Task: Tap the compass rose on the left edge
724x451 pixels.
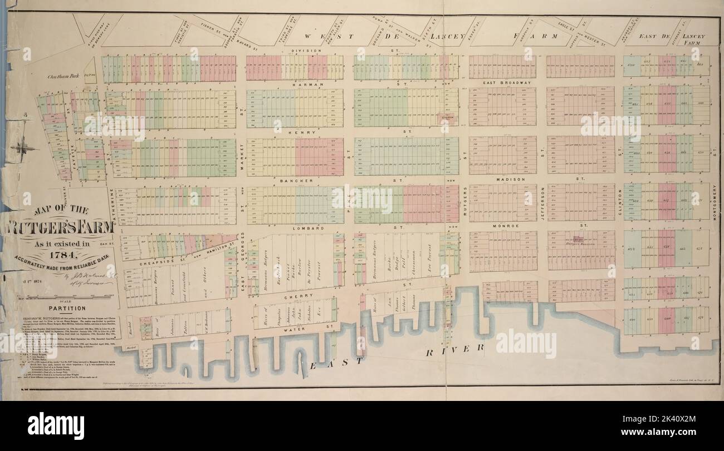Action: [23, 148]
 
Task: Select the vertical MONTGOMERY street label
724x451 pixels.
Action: [715, 202]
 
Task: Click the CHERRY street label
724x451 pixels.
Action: [296, 297]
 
